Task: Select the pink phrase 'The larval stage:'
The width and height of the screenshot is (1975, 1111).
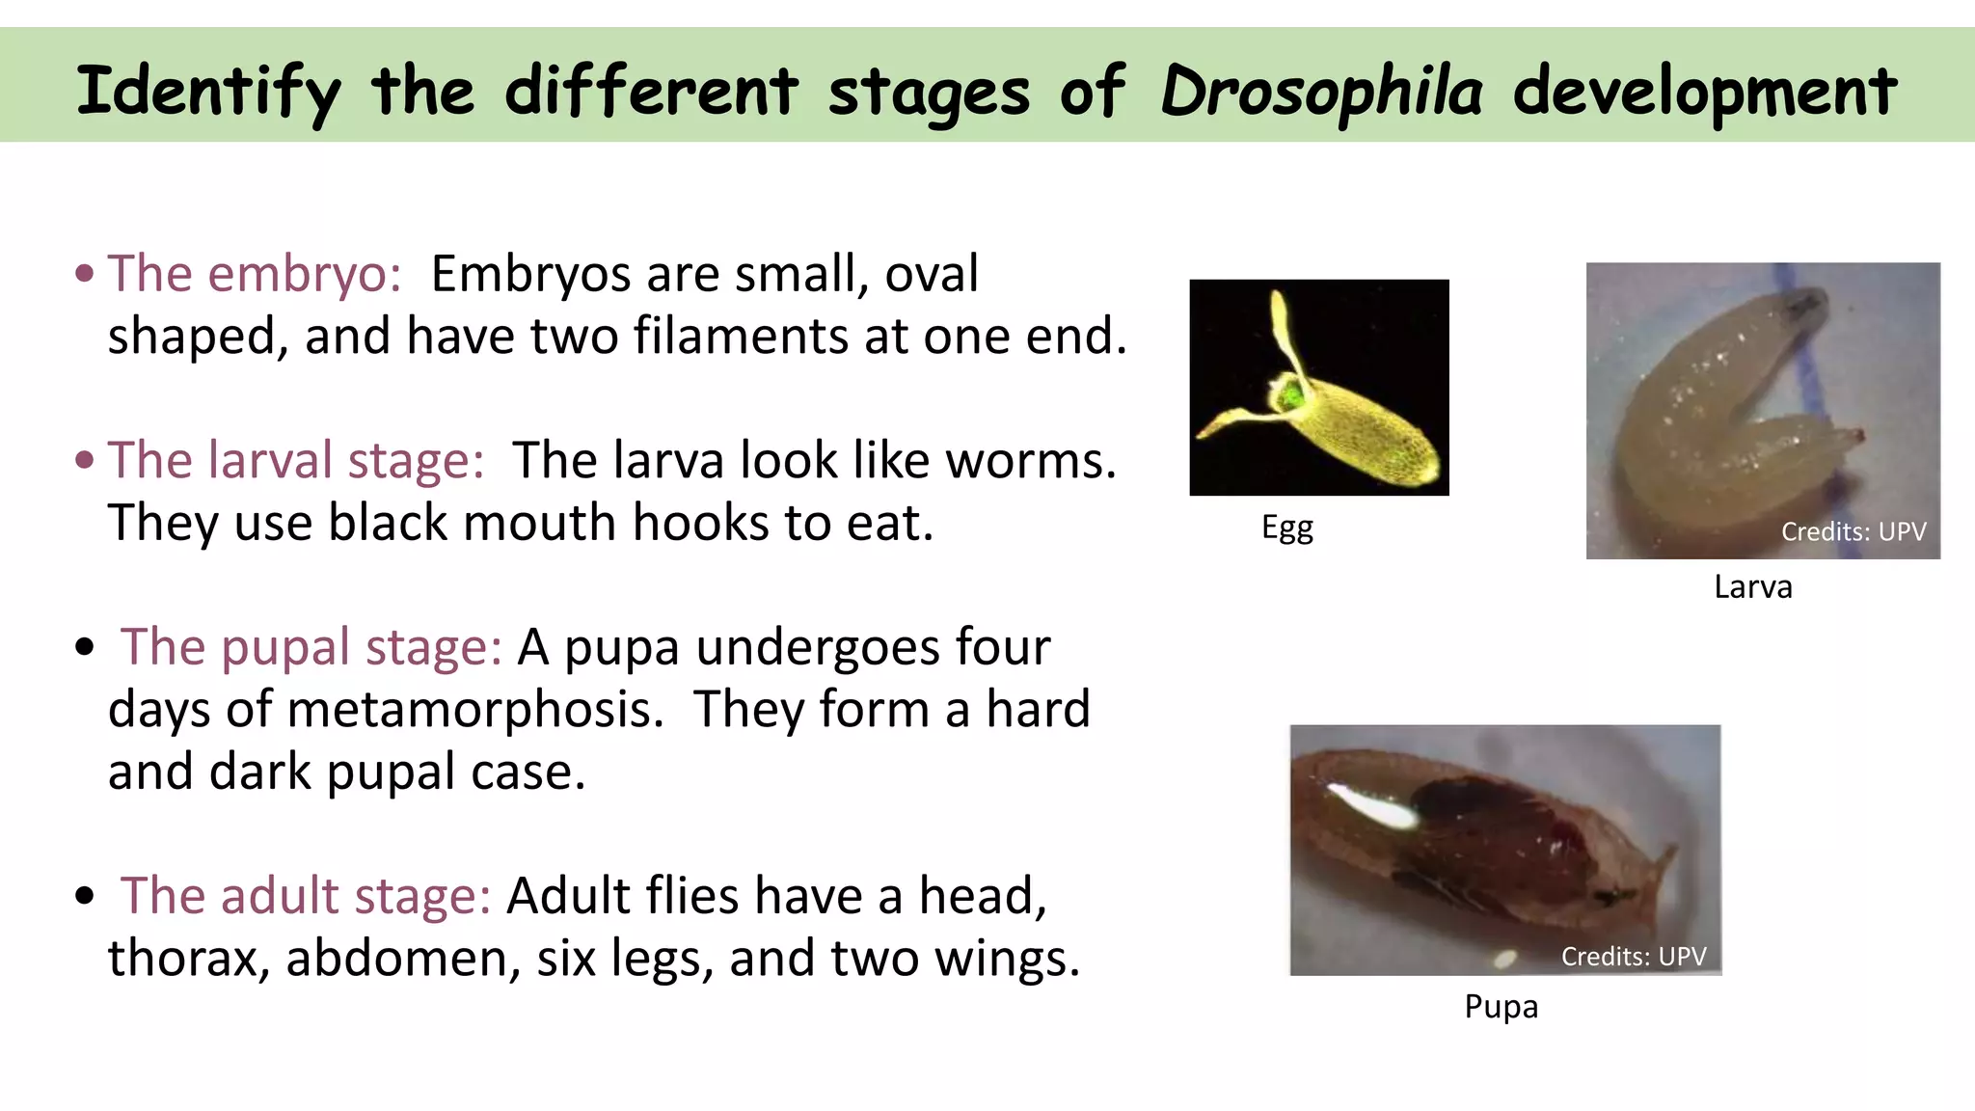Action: coord(295,460)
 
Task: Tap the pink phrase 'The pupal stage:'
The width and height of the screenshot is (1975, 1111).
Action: coord(311,647)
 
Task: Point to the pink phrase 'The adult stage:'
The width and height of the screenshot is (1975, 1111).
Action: coord(305,896)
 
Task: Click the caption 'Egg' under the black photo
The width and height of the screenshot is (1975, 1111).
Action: coord(1286,528)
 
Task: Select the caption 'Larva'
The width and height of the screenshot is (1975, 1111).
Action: coord(1752,586)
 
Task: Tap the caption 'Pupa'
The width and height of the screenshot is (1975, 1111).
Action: coord(1501,1006)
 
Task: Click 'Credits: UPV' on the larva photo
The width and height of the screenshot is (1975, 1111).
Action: coord(1853,531)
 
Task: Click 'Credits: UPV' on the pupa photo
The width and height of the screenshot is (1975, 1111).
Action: coord(1633,956)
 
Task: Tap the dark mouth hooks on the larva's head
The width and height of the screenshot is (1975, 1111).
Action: coord(1801,307)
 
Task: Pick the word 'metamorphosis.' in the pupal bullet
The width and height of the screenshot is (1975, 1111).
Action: coord(475,710)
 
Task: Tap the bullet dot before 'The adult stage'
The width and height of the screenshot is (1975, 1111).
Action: coord(85,896)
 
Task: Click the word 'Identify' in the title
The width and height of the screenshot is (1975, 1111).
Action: coord(208,92)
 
